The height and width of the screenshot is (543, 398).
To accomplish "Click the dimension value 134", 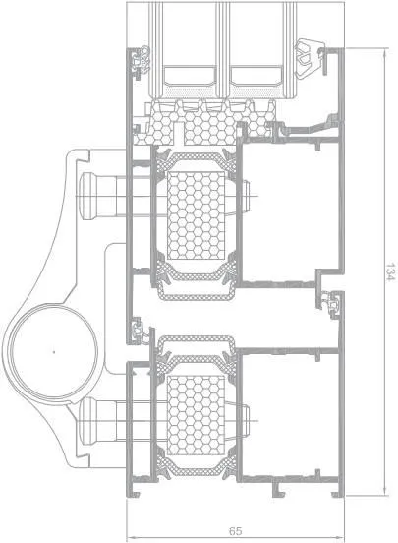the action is (x=391, y=271).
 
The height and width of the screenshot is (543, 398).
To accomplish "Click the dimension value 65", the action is (x=235, y=531).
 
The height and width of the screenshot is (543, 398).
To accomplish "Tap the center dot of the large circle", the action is (x=54, y=352).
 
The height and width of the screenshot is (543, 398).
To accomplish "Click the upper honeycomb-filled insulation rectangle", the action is (x=197, y=215).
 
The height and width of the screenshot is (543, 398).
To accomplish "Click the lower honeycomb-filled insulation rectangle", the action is (x=197, y=415).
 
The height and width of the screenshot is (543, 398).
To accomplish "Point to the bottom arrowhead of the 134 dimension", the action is (x=384, y=492).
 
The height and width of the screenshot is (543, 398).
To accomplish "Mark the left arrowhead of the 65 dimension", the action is (x=130, y=538).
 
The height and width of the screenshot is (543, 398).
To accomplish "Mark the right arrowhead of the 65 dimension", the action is (x=341, y=538).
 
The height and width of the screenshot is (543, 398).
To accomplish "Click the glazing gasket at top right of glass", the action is (x=309, y=57).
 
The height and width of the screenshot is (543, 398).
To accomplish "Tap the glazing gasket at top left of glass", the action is (x=142, y=63).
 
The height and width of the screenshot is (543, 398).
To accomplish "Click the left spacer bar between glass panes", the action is (x=190, y=77).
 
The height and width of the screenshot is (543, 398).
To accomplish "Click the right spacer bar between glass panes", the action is (x=256, y=77).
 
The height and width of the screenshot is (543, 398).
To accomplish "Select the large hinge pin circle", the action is (x=54, y=352).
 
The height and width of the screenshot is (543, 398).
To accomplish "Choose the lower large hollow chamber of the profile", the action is (x=290, y=415).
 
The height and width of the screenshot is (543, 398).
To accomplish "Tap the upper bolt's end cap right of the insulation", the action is (x=246, y=196).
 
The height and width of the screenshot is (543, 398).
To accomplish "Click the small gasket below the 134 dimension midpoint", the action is (x=331, y=305).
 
